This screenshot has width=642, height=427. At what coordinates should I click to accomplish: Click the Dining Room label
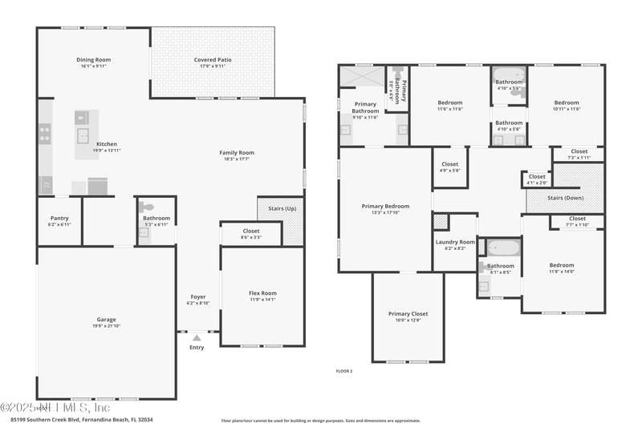coord(93,59)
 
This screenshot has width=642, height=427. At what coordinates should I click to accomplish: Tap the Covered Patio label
coord(213,59)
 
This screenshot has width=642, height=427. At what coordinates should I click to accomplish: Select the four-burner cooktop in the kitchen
coord(45,134)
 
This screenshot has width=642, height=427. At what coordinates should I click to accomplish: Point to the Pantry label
coord(59,218)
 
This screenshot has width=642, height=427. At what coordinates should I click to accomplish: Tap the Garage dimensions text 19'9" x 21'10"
coord(107,326)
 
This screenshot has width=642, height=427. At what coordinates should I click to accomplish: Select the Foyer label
coord(198,296)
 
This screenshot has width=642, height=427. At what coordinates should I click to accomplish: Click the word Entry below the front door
coord(197,348)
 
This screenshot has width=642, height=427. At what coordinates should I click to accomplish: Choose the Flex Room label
coord(262,293)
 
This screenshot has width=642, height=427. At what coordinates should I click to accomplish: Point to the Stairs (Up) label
coord(282,208)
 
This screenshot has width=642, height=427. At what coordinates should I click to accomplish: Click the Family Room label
coord(237,152)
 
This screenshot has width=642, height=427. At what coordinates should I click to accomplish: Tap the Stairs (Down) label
coord(566,197)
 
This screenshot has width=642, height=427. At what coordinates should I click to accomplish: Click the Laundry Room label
coord(455,242)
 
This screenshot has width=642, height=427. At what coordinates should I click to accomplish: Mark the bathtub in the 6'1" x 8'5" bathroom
coord(503,248)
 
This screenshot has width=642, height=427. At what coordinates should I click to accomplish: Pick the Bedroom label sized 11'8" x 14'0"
coord(562,265)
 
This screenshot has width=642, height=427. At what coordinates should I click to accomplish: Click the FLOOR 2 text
coord(343,371)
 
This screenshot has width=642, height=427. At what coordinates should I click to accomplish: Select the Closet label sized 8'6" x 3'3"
coord(251,231)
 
